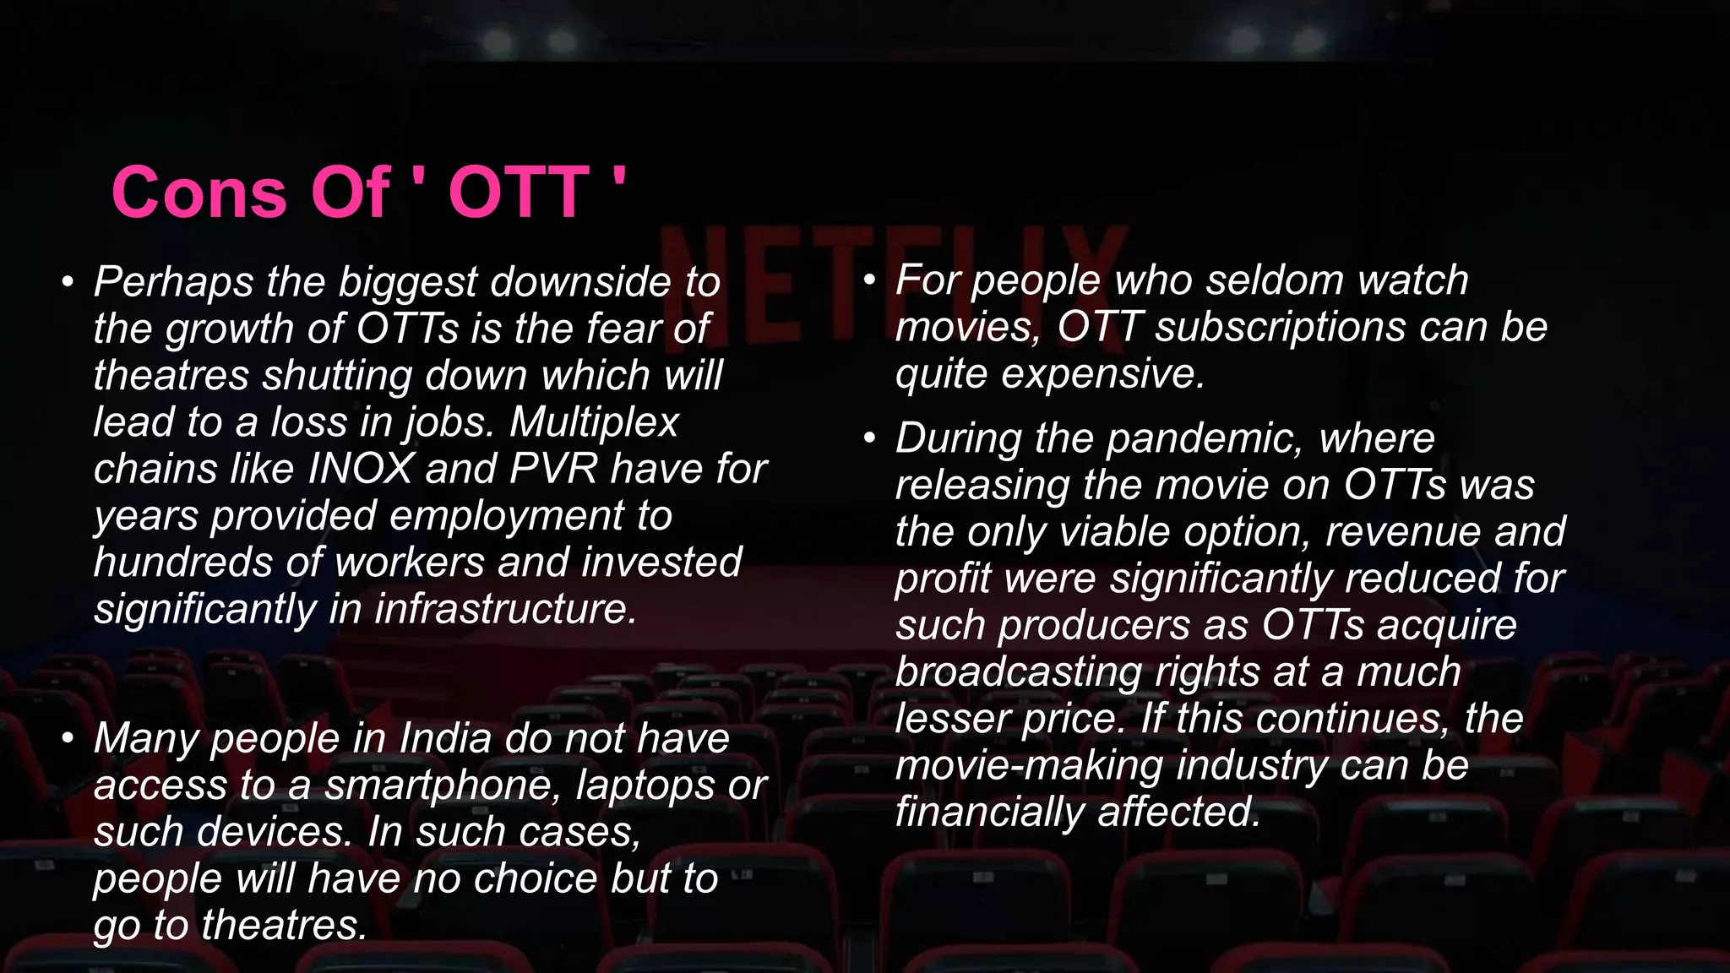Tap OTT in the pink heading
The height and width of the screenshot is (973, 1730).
coord(518,193)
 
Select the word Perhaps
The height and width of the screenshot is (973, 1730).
coord(173,282)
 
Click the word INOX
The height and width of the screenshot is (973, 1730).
coord(361,469)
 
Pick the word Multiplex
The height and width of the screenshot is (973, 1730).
coord(594,422)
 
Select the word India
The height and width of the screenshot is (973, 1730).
coord(444,738)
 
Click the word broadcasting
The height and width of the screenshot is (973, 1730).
coord(1018,672)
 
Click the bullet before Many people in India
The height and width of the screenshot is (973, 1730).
coord(68,739)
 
